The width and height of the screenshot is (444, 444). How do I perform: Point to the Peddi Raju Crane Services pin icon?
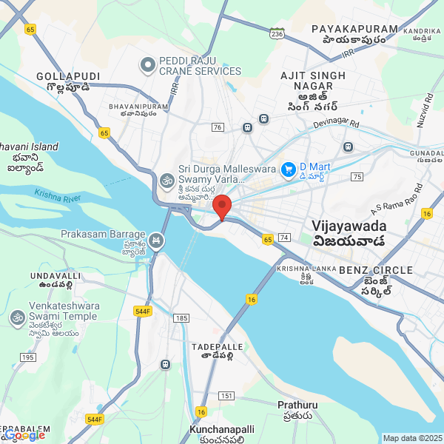[x=148, y=65]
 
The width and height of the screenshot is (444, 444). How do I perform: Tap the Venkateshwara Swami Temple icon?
[x=16, y=317]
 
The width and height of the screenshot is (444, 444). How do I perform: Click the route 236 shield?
[x=277, y=34]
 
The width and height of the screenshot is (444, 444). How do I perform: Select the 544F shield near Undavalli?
[x=143, y=312]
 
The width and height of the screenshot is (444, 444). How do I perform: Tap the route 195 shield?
[x=28, y=357]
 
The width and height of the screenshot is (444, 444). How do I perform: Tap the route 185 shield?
[x=181, y=318]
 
